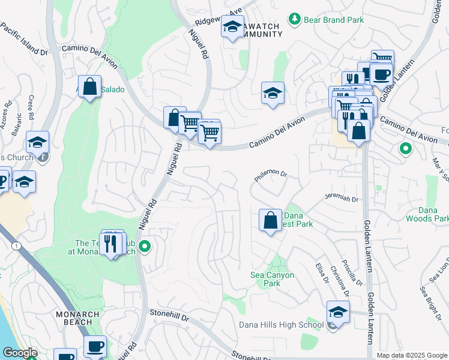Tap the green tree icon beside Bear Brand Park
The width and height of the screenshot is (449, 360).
click(x=294, y=20)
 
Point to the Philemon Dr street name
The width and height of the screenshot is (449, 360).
click(x=271, y=175)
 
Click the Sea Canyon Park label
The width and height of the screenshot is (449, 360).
click(x=272, y=279)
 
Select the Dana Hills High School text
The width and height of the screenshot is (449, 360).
click(x=281, y=325)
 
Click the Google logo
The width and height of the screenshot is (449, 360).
click(x=20, y=353)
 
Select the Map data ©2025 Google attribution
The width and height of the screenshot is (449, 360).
click(x=411, y=355)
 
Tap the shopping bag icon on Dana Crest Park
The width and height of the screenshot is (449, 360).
click(x=270, y=220)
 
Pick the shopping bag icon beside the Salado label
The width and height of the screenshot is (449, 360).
click(x=89, y=86)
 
